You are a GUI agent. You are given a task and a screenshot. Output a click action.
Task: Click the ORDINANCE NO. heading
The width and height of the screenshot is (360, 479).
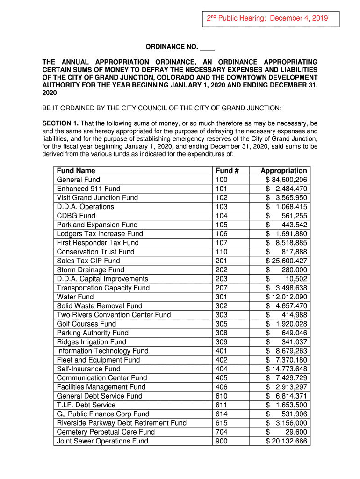[x=180, y=48]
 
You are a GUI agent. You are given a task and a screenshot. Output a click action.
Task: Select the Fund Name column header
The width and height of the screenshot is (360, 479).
[x=76, y=171]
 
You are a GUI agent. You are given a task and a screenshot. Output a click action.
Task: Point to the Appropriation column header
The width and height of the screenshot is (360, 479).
[x=284, y=171]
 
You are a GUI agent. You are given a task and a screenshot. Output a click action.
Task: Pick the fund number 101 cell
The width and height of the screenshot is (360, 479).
[x=221, y=189]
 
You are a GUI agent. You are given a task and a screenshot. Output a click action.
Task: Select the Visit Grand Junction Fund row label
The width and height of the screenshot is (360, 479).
[x=97, y=197]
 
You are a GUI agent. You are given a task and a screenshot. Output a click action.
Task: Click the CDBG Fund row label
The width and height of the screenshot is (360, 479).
[x=76, y=216]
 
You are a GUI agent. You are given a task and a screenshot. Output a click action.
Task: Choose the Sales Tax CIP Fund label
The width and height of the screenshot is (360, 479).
[x=88, y=261]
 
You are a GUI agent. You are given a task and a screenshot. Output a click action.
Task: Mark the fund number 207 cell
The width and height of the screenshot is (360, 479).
[x=221, y=288]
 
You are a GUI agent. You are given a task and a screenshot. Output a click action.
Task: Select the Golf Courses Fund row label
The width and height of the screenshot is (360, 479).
[x=86, y=324]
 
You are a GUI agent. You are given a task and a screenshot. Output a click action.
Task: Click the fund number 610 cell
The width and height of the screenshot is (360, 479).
[x=221, y=396]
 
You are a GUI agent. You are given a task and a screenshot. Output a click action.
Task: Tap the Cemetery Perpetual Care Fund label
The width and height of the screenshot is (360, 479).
[x=106, y=432]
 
